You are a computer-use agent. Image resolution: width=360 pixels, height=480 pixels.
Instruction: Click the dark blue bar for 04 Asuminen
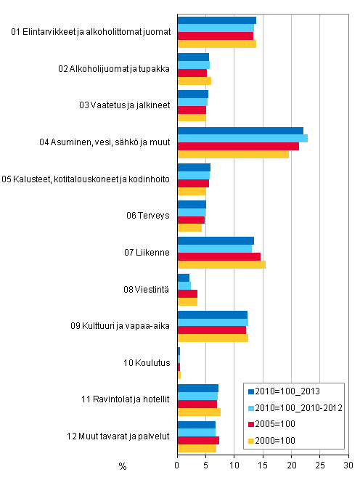coord(240,131)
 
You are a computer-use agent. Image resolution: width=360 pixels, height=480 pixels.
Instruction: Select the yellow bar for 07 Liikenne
coord(221,264)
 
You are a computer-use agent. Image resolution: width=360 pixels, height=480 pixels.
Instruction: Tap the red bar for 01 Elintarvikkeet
coord(216,36)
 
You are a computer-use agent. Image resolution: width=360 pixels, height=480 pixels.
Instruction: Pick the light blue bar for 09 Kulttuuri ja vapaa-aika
coord(213,322)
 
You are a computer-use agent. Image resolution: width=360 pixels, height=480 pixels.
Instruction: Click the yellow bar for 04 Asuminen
coord(233,154)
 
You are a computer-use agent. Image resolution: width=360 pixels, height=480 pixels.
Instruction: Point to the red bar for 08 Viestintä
coord(187,293)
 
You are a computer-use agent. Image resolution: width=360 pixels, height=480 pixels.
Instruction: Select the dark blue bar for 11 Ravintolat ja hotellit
coord(197,388)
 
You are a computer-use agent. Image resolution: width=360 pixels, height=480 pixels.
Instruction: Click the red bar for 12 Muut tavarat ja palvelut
coord(198,440)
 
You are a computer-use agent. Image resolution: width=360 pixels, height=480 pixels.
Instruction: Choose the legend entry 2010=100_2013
coord(290,392)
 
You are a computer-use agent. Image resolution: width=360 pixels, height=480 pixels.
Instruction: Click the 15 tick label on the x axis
coord(263,465)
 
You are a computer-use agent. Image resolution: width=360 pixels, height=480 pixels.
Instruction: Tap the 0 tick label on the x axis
coord(178,465)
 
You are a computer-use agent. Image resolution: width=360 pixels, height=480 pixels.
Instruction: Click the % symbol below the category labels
coord(122,465)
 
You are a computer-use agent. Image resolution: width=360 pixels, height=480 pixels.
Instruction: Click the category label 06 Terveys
coord(151,216)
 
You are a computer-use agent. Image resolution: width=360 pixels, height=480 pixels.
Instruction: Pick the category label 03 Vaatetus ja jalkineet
coord(125,105)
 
